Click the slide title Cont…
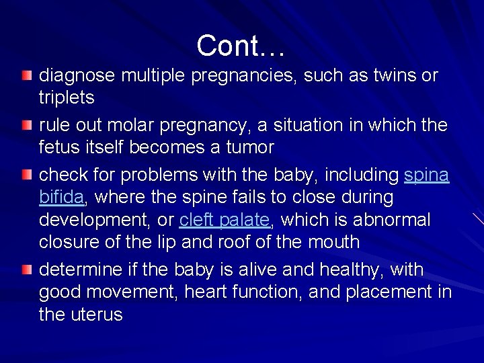242,46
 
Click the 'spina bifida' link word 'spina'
427,175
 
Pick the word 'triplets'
67,97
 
